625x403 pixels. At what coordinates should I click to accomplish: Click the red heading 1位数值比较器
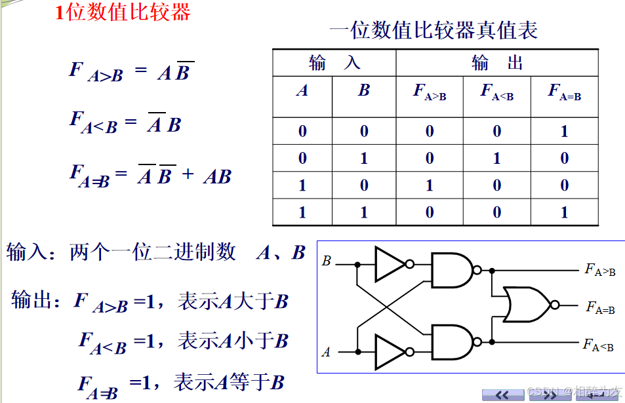[x=123, y=12]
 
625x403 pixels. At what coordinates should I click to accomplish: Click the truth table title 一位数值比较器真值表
[x=433, y=31]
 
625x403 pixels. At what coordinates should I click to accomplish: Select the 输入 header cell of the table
[x=334, y=63]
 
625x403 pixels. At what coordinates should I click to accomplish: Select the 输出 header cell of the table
[x=497, y=63]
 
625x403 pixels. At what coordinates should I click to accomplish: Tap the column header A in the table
[x=302, y=91]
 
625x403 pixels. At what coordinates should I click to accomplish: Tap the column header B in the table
[x=364, y=91]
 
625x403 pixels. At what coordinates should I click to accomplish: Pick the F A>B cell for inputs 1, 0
[x=430, y=185]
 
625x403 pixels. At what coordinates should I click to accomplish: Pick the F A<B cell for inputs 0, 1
[x=497, y=159]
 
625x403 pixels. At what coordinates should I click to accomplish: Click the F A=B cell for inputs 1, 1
[x=565, y=212]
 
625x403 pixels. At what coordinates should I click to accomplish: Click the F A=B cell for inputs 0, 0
[x=565, y=132]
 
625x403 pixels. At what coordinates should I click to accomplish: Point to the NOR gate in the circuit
[x=527, y=305]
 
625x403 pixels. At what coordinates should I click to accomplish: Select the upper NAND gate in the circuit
[x=453, y=269]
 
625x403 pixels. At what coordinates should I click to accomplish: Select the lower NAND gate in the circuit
[x=453, y=343]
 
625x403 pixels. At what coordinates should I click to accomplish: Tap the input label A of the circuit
[x=327, y=353]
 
